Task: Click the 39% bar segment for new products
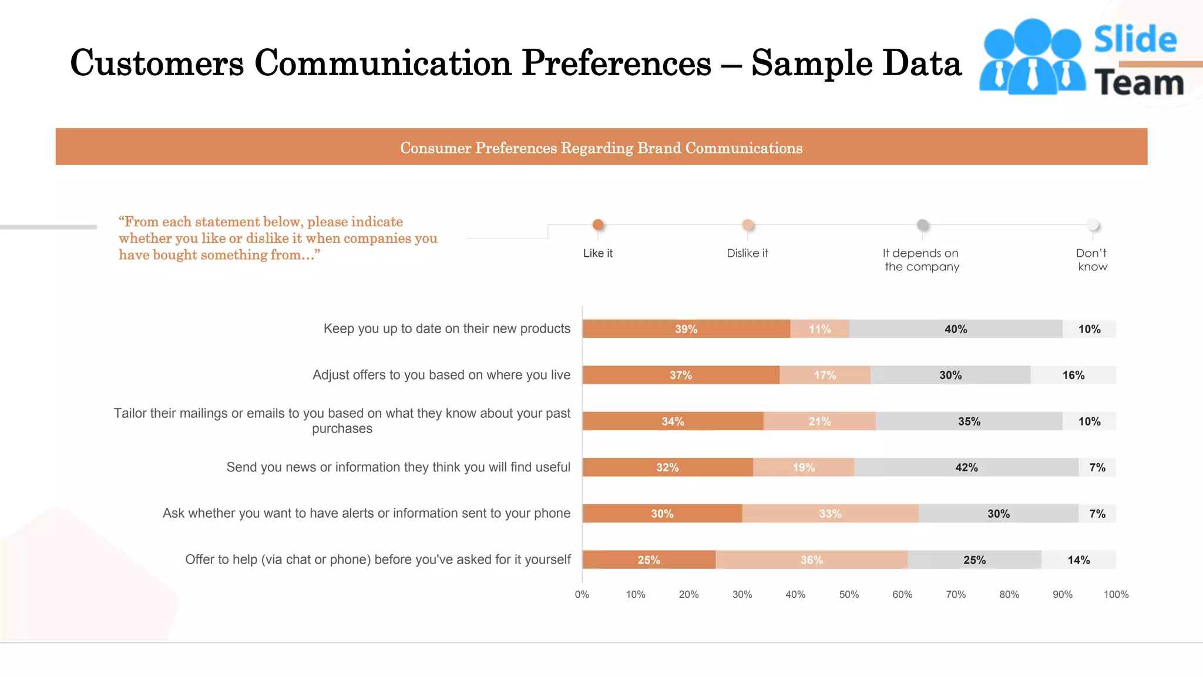686,329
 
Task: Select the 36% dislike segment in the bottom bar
811,560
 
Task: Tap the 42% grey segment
966,468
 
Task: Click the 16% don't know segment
1073,376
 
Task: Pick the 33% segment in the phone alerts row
830,514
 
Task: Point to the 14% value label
1078,560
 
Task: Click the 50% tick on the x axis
849,595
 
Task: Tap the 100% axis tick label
1115,595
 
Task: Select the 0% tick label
582,595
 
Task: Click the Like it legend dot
598,224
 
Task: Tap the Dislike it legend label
747,253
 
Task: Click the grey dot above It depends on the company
923,225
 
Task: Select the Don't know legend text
1092,260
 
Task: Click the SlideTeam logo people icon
1032,58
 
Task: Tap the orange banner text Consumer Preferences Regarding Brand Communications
601,148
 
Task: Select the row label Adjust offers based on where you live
441,375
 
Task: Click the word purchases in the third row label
342,429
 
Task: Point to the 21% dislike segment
819,421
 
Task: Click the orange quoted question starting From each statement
277,238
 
